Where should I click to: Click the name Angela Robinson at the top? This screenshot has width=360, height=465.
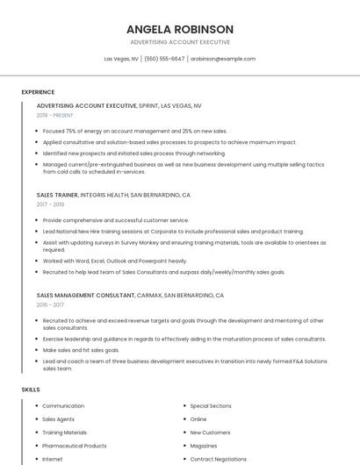[x=179, y=29]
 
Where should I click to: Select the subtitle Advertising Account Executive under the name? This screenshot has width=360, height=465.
[x=179, y=42]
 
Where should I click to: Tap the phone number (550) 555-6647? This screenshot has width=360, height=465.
[x=164, y=59]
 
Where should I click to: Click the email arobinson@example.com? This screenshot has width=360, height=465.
[x=223, y=59]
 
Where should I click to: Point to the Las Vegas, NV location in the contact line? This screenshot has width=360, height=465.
[x=121, y=59]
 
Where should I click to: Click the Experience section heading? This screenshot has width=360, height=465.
[x=38, y=92]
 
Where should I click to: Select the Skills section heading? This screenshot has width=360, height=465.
[x=31, y=389]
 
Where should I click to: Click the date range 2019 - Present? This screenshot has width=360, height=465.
[x=55, y=115]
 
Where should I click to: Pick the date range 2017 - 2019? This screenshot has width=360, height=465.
[x=50, y=204]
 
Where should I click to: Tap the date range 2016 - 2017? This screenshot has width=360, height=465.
[x=50, y=305]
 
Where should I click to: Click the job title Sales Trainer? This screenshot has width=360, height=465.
[x=57, y=195]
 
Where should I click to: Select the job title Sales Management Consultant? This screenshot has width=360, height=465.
[x=86, y=296]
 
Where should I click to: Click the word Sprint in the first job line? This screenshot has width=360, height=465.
[x=148, y=105]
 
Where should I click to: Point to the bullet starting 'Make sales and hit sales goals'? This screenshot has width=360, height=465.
[x=87, y=349]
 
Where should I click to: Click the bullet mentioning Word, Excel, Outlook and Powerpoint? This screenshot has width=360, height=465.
[x=114, y=261]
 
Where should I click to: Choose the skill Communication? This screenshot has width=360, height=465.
[x=63, y=406]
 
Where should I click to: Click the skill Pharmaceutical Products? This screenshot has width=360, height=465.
[x=75, y=446]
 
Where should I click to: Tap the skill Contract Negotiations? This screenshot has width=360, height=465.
[x=218, y=459]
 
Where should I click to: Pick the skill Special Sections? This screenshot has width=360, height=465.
[x=211, y=406]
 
